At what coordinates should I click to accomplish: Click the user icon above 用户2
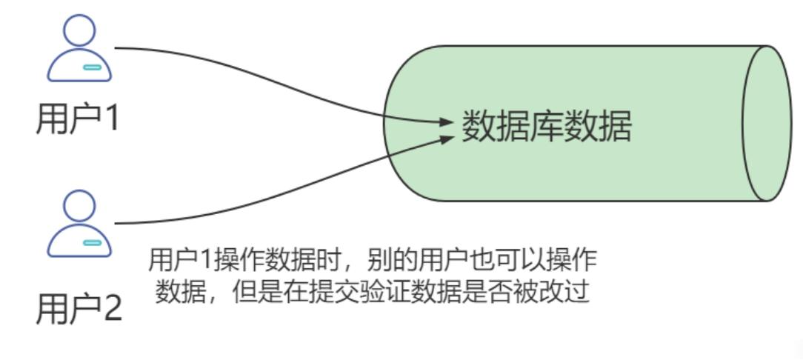(79, 224)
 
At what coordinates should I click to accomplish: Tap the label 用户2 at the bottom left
(79, 308)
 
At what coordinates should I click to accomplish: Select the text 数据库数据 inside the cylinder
(547, 127)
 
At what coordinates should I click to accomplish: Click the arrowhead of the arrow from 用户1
(446, 121)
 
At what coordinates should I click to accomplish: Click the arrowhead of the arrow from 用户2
(446, 139)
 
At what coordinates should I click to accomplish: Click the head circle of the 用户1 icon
(79, 30)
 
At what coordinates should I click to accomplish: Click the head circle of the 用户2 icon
(79, 205)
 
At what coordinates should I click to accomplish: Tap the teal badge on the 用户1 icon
(92, 67)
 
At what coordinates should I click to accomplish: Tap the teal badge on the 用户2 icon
(92, 242)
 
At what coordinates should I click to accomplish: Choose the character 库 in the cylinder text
(547, 127)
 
